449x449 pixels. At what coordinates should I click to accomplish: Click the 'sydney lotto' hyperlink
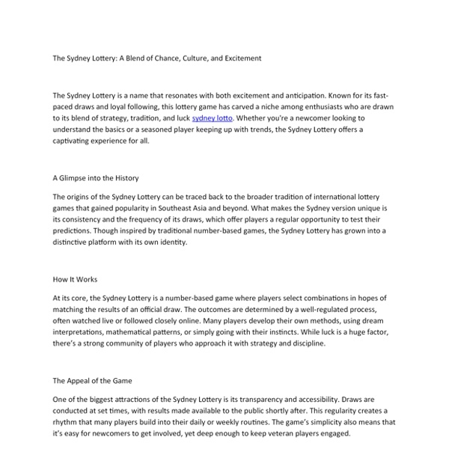click(213, 118)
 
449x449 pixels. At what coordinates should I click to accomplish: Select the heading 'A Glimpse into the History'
click(96, 178)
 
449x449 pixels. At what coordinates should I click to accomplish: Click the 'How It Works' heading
click(75, 279)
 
